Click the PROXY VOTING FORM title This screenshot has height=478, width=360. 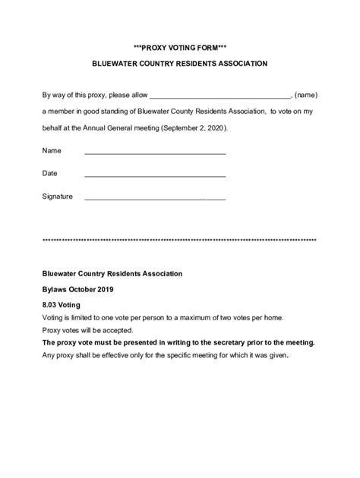pyautogui.click(x=180, y=46)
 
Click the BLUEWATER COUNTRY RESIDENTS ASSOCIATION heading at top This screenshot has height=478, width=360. pyautogui.click(x=180, y=64)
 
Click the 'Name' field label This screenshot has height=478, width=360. pyautogui.click(x=52, y=150)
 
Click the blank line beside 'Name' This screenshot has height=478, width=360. pyautogui.click(x=155, y=153)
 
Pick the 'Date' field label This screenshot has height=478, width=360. pyautogui.click(x=50, y=173)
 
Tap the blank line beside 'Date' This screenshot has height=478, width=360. pyautogui.click(x=155, y=175)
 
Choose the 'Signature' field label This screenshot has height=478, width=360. pyautogui.click(x=58, y=197)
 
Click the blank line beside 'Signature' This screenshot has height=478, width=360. pyautogui.click(x=155, y=199)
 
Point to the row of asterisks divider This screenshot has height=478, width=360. pyautogui.click(x=180, y=240)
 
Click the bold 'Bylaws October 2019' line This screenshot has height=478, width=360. pyautogui.click(x=78, y=289)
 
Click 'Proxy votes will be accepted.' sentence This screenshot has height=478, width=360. pyautogui.click(x=88, y=330)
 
